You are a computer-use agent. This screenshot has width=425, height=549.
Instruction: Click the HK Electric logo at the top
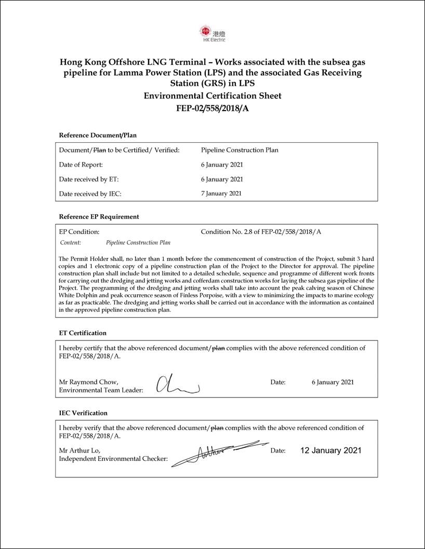tap(212, 33)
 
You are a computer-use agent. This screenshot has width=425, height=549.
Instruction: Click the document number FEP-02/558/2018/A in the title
tap(212, 109)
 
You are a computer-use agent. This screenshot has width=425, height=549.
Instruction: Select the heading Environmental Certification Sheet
tap(212, 96)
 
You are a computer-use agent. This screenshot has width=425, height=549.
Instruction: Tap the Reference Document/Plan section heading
tap(98, 135)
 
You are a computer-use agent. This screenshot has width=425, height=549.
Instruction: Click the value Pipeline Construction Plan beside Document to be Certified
tap(240, 150)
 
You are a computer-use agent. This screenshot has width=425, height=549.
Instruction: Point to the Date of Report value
tap(222, 165)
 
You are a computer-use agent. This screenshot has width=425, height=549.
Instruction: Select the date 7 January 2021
tap(221, 194)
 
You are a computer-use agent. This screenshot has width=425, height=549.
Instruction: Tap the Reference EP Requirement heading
tap(99, 216)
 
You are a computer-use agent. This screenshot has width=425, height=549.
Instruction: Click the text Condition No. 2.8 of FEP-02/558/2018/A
tap(261, 232)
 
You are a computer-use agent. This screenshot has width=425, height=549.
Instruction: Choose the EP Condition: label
tap(79, 232)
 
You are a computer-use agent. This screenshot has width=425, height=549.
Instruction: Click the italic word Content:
tap(71, 242)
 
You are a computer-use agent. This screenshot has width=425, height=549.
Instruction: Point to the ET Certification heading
tap(83, 333)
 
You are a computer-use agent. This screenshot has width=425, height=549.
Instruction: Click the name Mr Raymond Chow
tap(88, 382)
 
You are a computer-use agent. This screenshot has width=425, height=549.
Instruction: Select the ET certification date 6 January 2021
tap(333, 382)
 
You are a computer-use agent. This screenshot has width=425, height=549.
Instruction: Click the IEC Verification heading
tap(83, 413)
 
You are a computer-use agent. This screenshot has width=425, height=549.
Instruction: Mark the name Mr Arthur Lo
tap(79, 450)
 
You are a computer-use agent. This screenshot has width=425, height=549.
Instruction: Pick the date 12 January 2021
tap(330, 450)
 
